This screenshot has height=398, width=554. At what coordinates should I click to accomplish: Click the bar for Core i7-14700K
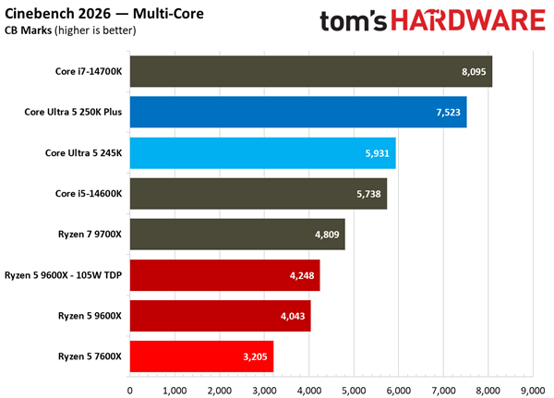click(x=310, y=71)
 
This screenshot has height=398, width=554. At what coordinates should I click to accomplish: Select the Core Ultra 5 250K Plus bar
click(x=297, y=112)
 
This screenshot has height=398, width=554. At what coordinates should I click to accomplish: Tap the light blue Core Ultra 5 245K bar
click(x=262, y=152)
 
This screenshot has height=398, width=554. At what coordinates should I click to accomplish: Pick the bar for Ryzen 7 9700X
click(x=236, y=234)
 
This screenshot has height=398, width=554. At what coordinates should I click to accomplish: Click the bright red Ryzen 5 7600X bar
click(x=201, y=356)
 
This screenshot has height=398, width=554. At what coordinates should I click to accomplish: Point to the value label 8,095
click(x=470, y=71)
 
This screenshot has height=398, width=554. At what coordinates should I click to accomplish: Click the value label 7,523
click(x=444, y=112)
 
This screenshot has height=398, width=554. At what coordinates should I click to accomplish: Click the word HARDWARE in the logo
click(x=466, y=21)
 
